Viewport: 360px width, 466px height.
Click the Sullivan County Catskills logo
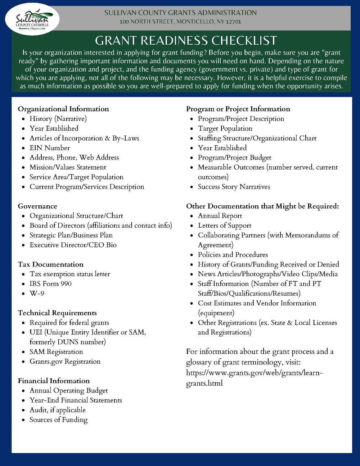(x=32, y=19)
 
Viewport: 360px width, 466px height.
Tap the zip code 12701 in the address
(x=234, y=22)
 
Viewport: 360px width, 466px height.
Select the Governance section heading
(x=37, y=206)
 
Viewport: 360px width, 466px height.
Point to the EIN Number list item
(x=50, y=148)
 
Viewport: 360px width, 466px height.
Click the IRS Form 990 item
(x=50, y=284)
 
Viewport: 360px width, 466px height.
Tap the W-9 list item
(x=37, y=294)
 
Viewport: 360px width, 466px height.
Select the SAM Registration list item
(x=56, y=352)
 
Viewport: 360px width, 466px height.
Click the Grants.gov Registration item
(x=65, y=362)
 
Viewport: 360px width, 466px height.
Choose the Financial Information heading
(x=54, y=381)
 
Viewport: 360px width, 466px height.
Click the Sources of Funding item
(x=59, y=420)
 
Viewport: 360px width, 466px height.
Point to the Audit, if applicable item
(x=58, y=410)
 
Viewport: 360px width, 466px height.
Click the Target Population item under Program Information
(x=225, y=129)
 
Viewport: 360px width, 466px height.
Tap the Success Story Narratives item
(x=234, y=187)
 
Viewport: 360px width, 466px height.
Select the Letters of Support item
(x=225, y=226)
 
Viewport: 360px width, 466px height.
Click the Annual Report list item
(x=220, y=216)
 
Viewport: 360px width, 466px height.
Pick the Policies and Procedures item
(x=233, y=255)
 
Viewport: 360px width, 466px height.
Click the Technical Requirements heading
(x=57, y=313)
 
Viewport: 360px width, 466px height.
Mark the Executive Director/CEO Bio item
(x=73, y=245)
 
